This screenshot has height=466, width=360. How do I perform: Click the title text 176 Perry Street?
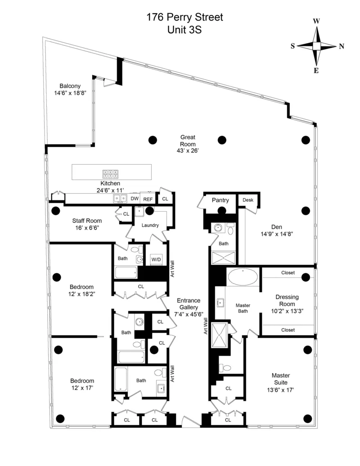[x=184, y=17]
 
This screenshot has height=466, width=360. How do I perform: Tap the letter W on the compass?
[x=316, y=21]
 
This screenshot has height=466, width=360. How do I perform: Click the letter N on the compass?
[x=342, y=46]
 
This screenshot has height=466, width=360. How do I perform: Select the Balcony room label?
[x=70, y=86]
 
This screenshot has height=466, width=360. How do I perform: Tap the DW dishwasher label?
[x=135, y=199]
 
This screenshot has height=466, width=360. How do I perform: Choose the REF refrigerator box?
[x=148, y=199]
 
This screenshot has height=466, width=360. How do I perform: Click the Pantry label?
[x=220, y=200]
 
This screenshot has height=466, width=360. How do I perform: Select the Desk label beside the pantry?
[x=247, y=200]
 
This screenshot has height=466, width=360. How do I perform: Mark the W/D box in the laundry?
[x=156, y=259]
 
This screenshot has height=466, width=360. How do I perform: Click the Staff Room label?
[x=87, y=221]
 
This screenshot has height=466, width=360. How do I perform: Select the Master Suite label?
[x=280, y=379]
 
